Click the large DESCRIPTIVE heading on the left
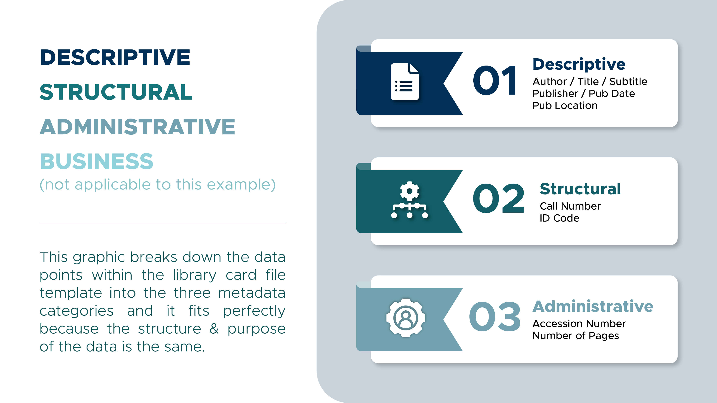point(115,57)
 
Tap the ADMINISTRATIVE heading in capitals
point(137,127)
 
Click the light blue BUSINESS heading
point(97,161)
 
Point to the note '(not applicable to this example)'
point(158,185)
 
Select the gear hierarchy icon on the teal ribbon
point(409,200)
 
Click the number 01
point(495,80)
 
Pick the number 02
point(498,198)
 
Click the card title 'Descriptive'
point(579,64)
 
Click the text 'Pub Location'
point(565,105)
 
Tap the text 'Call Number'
point(570,206)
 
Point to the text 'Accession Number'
point(579,323)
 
